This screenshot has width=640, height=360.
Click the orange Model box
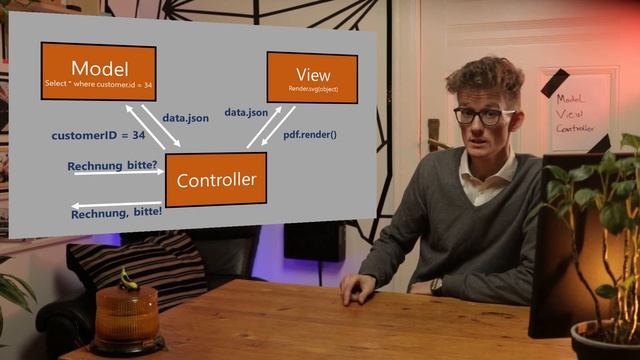(x=98, y=72)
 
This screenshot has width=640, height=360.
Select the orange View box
(x=311, y=77)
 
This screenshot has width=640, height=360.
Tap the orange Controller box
(x=216, y=180)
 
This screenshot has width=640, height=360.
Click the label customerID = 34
(x=98, y=134)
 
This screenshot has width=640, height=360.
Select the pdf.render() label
(x=310, y=134)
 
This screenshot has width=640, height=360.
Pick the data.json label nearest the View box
(x=246, y=113)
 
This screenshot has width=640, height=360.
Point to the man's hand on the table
(x=356, y=289)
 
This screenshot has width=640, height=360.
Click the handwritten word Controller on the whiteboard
(x=576, y=127)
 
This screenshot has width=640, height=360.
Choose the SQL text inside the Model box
(x=98, y=85)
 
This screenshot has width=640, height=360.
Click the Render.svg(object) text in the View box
(x=311, y=89)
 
